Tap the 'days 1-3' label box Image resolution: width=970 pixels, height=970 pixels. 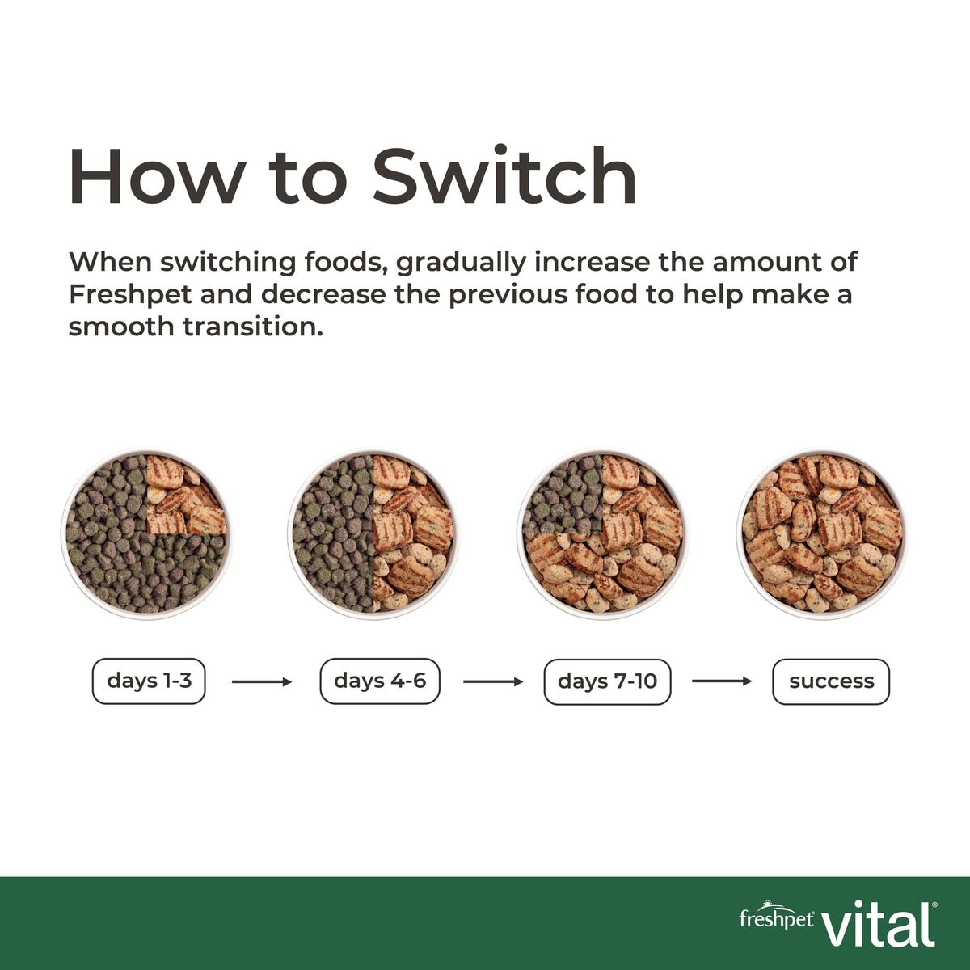[149, 681]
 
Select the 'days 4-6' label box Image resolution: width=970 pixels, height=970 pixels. [380, 681]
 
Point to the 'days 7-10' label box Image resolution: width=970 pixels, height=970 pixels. [608, 681]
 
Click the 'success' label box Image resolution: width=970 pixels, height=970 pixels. [831, 681]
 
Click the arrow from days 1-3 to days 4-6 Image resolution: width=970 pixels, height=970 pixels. [262, 682]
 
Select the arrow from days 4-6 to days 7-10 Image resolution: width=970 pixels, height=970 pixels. [493, 682]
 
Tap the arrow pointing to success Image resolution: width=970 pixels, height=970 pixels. [722, 681]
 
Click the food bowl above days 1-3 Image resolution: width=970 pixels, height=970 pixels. [147, 533]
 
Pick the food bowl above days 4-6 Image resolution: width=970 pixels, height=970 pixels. [373, 533]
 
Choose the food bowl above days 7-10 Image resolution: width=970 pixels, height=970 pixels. [602, 533]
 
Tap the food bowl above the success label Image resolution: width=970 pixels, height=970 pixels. [823, 533]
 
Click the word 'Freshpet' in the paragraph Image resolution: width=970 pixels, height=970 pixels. [130, 295]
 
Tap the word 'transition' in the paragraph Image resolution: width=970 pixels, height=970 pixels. [252, 327]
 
